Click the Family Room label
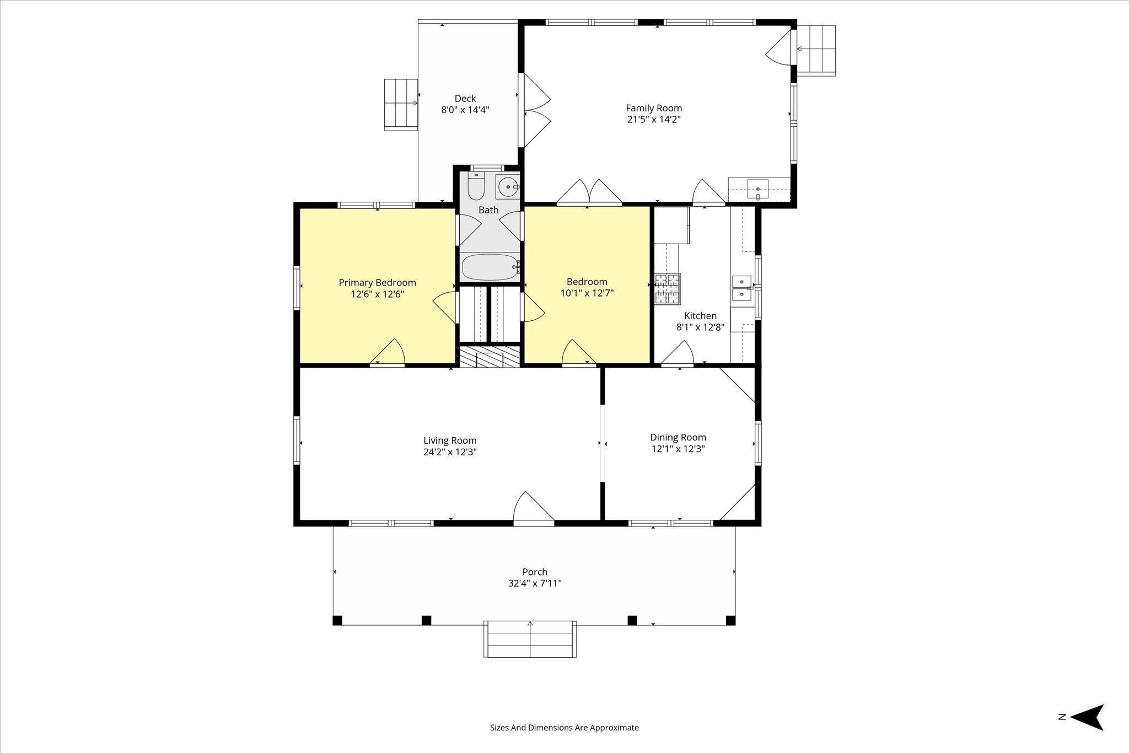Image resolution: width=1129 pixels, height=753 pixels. coord(654,108)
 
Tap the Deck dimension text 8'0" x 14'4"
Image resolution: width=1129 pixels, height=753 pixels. coord(465,110)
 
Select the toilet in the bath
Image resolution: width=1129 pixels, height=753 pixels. coord(476,186)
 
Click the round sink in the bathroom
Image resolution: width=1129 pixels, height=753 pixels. coord(508,187)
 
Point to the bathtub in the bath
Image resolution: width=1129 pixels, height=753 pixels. coord(490,267)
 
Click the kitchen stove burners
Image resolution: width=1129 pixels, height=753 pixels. coord(668,289)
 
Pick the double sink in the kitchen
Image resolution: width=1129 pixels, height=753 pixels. coord(742,288)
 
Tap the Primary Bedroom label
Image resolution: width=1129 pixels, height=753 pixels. coord(377,283)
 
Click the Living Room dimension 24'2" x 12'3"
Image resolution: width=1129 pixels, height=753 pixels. coord(450,452)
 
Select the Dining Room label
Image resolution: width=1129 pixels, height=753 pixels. coord(678,438)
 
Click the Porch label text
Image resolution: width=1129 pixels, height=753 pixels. coord(535,572)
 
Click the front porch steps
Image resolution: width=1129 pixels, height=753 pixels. coord(530,639)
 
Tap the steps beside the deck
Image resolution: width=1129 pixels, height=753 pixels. coord(401,104)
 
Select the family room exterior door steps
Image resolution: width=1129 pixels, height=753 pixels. coord(816,50)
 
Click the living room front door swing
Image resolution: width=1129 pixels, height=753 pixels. coord(534,507)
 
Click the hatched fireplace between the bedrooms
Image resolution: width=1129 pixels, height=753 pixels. coord(490,356)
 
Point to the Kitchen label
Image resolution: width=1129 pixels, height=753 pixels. coord(700,316)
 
